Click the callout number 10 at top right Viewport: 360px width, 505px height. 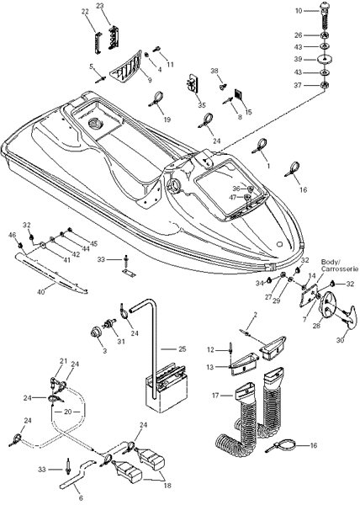click(299, 11)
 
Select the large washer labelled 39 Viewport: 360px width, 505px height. click(324, 60)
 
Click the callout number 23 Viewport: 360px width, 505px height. click(100, 7)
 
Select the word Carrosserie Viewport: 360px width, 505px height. click(340, 269)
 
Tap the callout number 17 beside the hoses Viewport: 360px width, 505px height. click(215, 395)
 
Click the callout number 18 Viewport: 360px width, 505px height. click(167, 486)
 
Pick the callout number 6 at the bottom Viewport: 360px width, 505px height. click(81, 498)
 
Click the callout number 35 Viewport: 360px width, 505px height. click(202, 105)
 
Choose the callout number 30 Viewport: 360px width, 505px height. click(341, 340)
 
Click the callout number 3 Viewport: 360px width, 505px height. click(104, 351)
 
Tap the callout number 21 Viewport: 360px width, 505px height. click(63, 361)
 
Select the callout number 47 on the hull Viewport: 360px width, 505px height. click(237, 197)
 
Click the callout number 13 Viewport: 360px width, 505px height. click(210, 367)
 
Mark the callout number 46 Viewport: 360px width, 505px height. click(12, 236)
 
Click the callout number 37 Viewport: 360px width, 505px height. click(299, 85)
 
